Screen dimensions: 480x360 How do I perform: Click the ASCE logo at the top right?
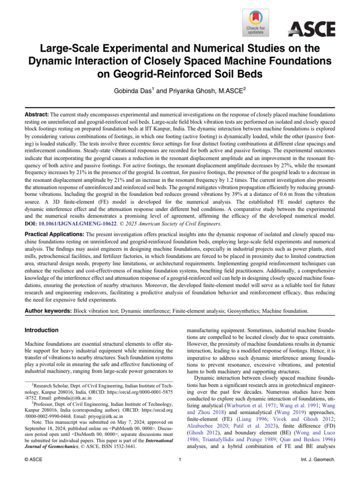click(x=311, y=30)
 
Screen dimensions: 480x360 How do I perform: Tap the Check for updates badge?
click(x=255, y=23)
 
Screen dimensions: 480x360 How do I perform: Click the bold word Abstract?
click(x=37, y=114)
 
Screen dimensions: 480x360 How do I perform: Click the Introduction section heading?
click(x=42, y=330)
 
